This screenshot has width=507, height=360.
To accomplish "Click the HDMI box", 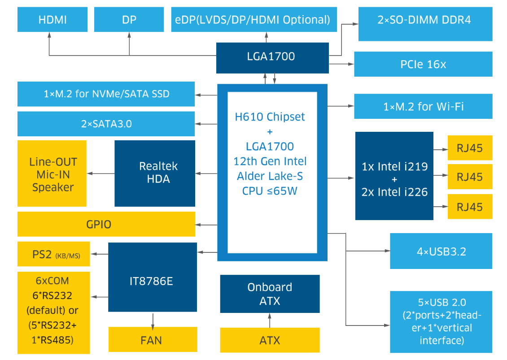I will (x=52, y=20).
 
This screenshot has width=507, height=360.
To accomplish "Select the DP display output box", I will (x=129, y=20).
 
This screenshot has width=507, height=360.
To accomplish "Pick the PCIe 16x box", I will (x=423, y=64).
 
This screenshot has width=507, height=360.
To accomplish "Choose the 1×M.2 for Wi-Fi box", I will (x=423, y=106).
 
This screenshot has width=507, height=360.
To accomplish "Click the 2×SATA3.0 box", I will (x=106, y=124).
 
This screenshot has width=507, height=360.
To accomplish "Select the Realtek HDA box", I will (x=155, y=173).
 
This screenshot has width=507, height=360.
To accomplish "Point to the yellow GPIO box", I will (x=106, y=224).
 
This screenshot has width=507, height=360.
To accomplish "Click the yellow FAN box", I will (x=153, y=339).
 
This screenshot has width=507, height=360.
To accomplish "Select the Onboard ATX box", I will (x=270, y=294).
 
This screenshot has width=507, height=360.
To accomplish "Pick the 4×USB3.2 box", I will (x=441, y=251).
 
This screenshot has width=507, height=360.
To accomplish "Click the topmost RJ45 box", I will (x=470, y=148).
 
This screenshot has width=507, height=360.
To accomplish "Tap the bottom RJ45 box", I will (x=470, y=207).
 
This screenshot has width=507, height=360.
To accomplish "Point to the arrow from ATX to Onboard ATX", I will (x=270, y=320).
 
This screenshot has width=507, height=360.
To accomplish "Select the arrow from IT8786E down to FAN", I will (x=153, y=319).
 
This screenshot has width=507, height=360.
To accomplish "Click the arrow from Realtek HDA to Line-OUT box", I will (x=101, y=173).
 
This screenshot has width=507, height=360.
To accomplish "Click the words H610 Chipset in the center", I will (x=270, y=117).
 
